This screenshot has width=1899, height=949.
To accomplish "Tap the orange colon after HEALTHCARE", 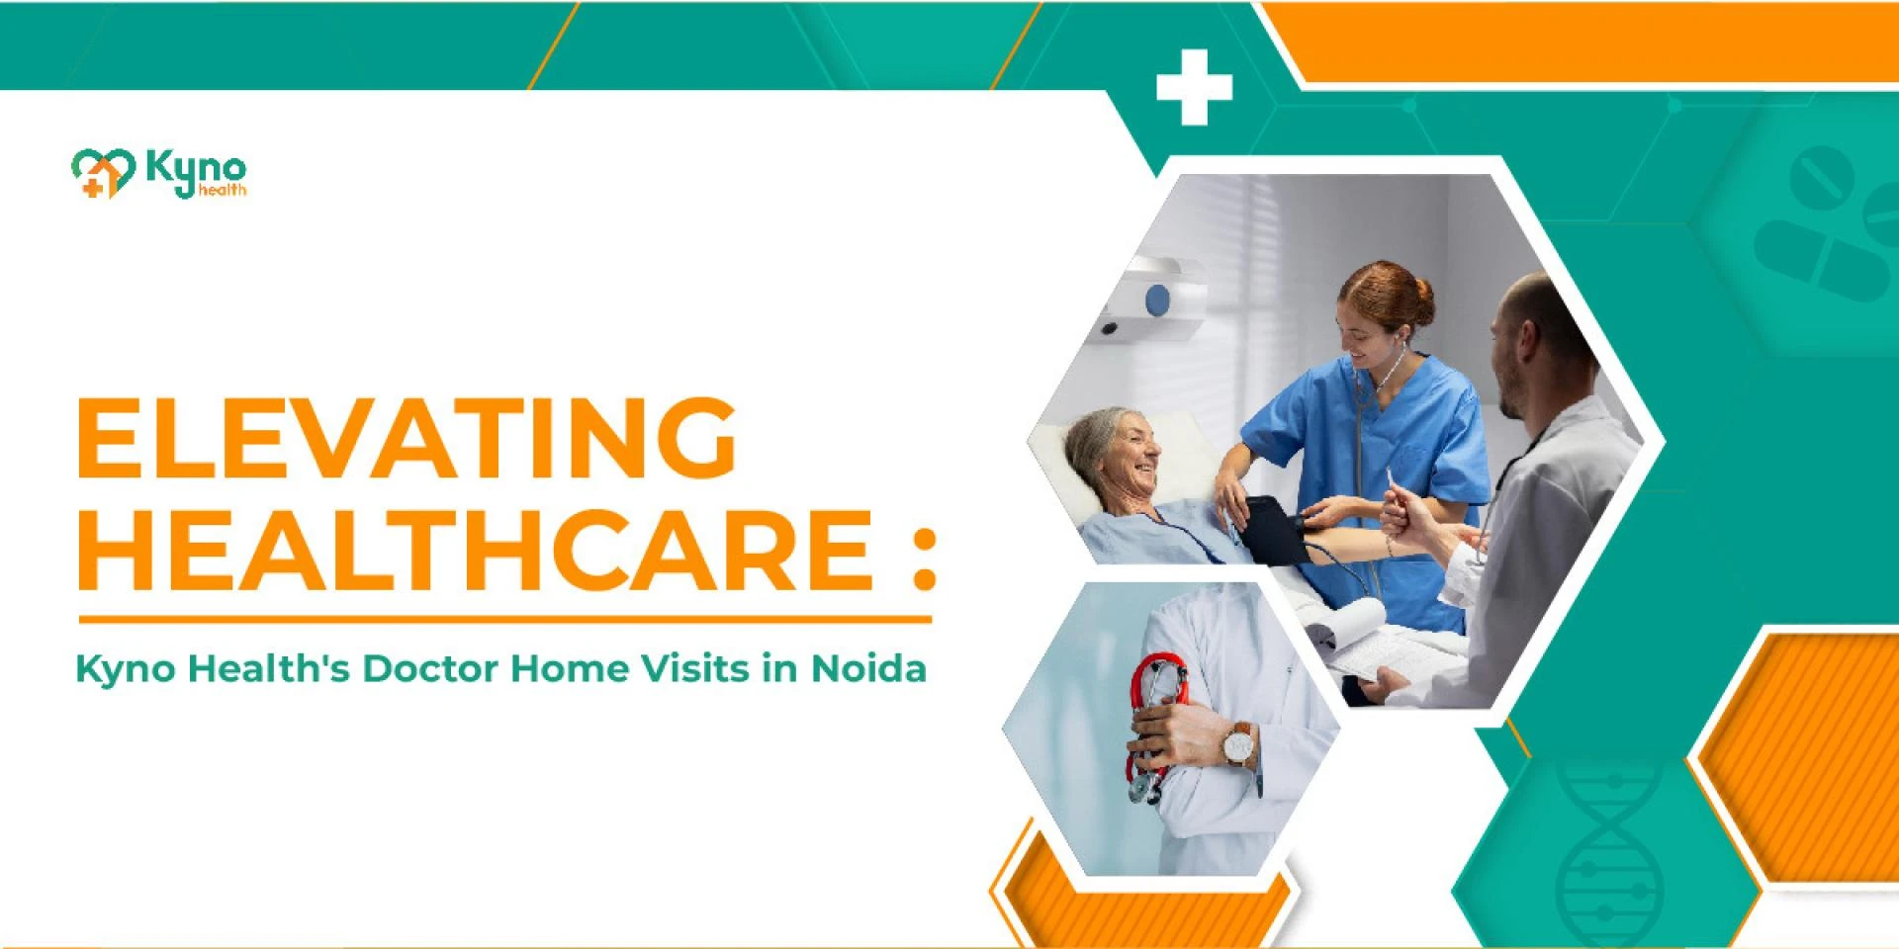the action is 924,560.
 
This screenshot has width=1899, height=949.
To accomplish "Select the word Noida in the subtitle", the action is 868,668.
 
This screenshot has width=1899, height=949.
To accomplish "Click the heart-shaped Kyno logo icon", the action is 103,173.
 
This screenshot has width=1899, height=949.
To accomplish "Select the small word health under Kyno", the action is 223,189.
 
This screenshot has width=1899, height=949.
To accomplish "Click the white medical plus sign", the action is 1194,87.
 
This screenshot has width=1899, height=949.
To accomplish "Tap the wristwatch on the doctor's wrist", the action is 1238,743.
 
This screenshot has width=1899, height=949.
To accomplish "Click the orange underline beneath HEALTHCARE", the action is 505,620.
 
